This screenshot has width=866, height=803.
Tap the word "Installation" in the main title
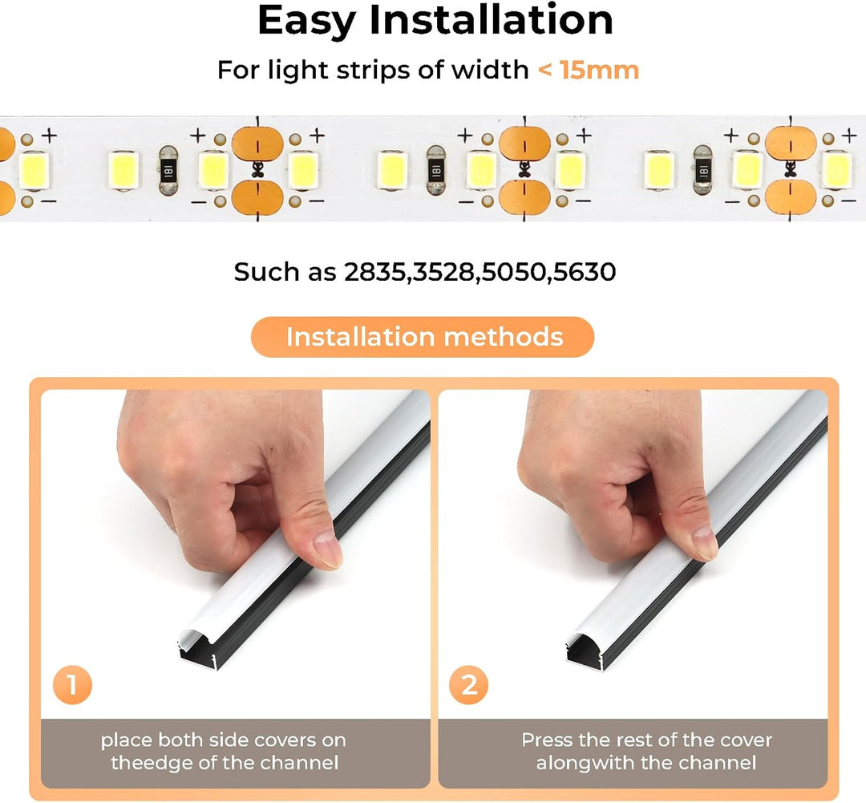491,20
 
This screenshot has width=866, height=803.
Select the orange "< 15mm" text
589,70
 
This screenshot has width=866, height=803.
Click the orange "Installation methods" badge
423,337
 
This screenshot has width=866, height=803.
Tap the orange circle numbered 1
72,685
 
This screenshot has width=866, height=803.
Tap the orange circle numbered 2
468,685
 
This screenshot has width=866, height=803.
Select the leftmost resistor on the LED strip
168,171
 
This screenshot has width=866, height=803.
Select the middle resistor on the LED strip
435,171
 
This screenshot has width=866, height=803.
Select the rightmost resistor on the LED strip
702,171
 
